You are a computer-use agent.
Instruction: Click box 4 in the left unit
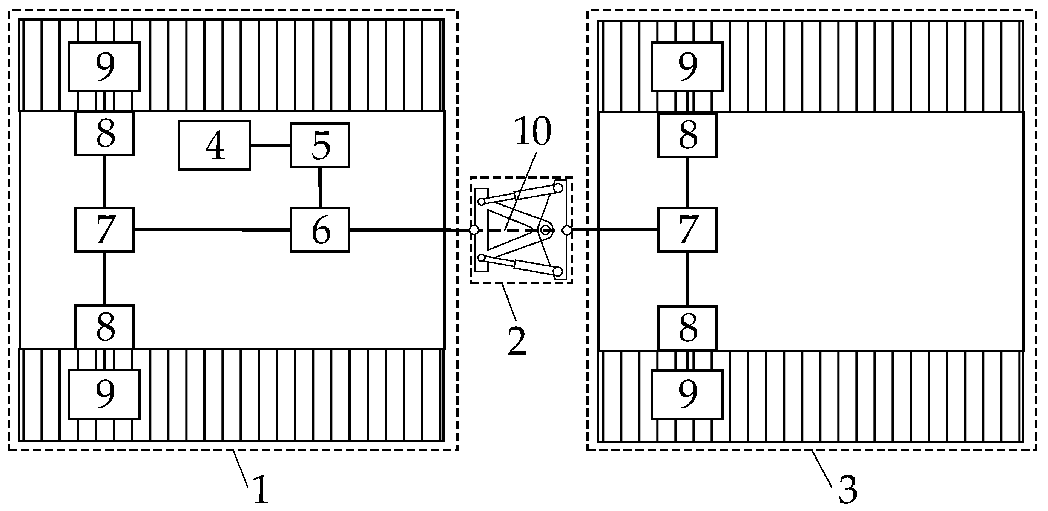214,145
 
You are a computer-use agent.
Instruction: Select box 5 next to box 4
320,145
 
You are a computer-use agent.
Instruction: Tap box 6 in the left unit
320,230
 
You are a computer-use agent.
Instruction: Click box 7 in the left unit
104,230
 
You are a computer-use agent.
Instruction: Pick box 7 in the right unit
687,230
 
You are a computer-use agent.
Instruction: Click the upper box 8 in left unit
104,134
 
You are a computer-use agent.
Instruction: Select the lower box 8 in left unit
104,327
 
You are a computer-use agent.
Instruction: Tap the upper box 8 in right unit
687,135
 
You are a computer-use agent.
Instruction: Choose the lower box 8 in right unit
687,327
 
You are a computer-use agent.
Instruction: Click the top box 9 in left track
104,67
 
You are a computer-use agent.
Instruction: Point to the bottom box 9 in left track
104,394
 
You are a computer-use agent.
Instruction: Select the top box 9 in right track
687,67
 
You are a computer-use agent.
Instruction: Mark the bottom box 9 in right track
687,394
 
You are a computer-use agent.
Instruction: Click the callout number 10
532,131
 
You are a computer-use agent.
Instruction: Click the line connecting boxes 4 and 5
270,145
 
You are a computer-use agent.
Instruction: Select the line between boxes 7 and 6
212,230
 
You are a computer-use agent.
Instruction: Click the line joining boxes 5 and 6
320,187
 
